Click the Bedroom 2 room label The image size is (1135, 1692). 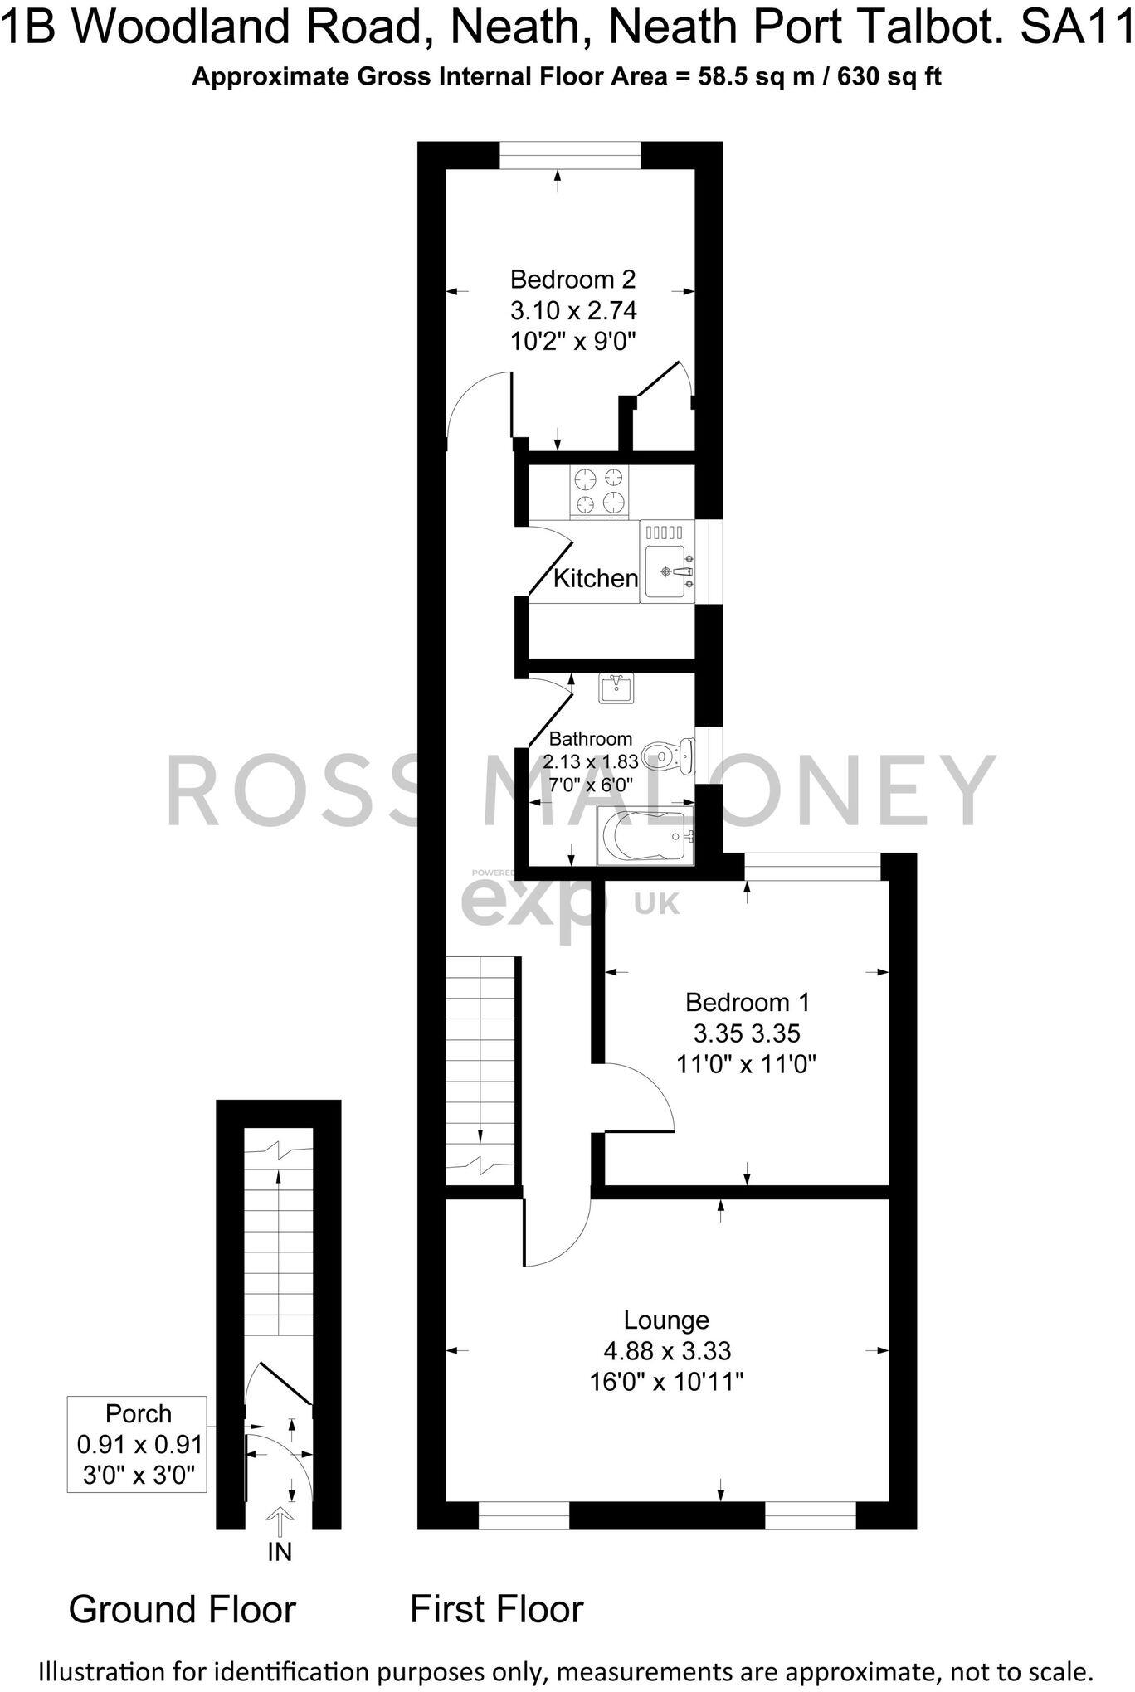(x=572, y=279)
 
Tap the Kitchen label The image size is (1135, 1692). (x=595, y=578)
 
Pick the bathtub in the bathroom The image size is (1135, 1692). (x=645, y=838)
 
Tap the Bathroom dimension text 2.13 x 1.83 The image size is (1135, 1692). (x=591, y=761)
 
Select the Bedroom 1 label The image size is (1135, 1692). (x=747, y=1002)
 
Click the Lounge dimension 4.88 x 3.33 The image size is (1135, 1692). (x=667, y=1351)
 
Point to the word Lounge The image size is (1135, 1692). (x=666, y=1320)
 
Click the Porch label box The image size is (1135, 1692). (x=138, y=1444)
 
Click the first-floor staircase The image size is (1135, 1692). (x=481, y=1070)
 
